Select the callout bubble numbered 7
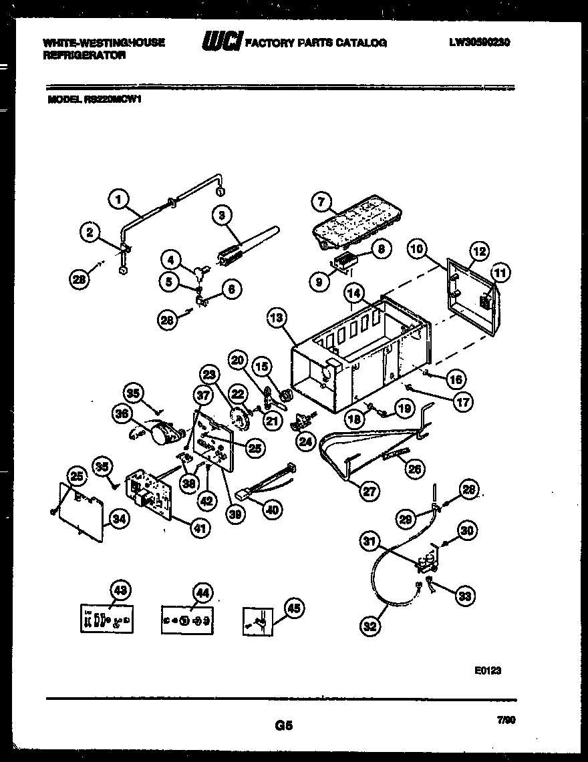321,201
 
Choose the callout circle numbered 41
199,529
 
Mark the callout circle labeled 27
367,492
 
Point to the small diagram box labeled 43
106,619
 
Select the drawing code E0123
488,671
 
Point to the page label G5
283,725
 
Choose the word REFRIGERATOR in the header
84,56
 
